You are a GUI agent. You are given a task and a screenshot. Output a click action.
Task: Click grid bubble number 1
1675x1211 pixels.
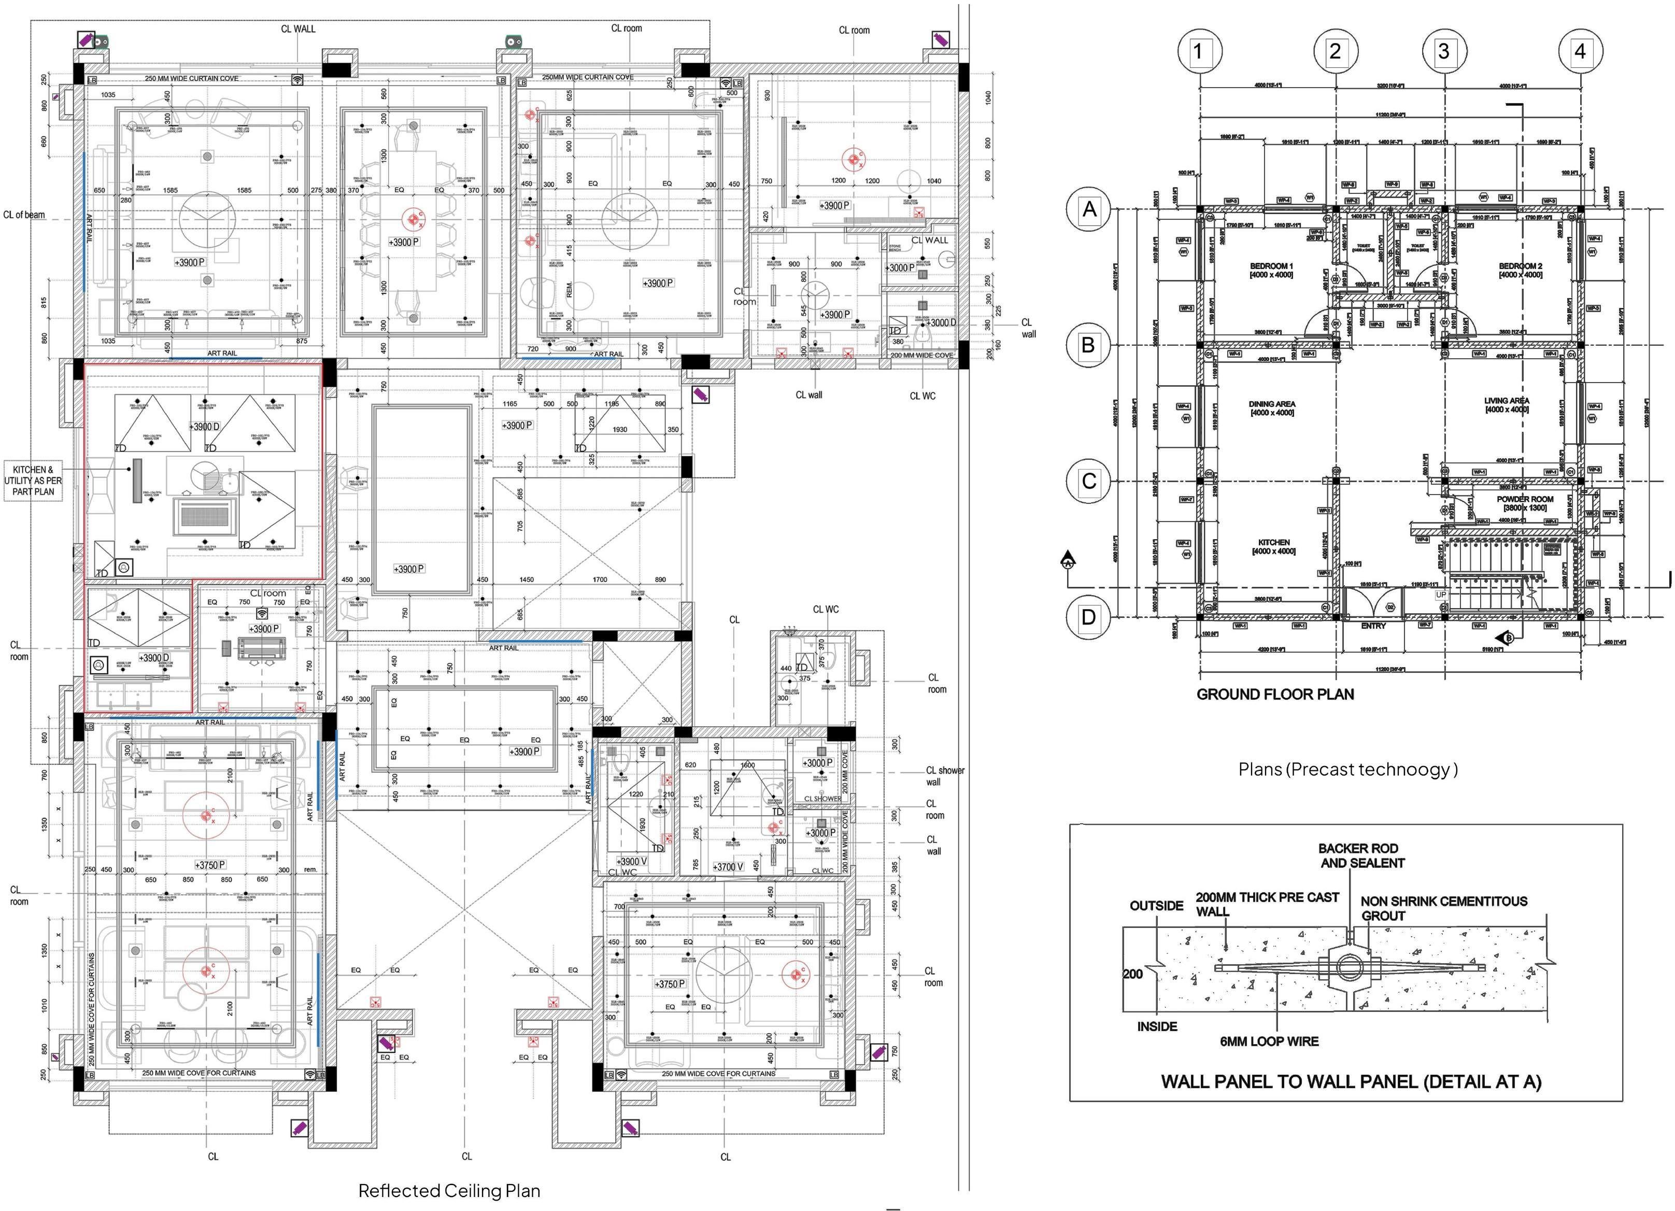click(x=1198, y=52)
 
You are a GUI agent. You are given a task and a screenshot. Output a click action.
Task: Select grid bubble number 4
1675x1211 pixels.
click(x=1580, y=52)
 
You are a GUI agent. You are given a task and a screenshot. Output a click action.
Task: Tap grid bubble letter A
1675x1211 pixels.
click(x=1089, y=210)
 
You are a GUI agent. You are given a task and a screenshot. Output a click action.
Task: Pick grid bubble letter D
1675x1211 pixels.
click(x=1089, y=617)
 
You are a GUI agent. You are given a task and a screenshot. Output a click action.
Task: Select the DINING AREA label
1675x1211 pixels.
click(x=1272, y=409)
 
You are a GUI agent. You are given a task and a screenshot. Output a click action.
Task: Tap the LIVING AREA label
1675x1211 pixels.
click(x=1507, y=405)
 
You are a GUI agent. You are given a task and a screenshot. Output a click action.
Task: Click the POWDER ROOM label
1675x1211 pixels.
click(x=1525, y=503)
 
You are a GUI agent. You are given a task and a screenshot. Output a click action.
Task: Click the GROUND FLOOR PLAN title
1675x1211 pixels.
click(x=1275, y=695)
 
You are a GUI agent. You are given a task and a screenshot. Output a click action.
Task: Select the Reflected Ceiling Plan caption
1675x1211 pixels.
click(x=449, y=1190)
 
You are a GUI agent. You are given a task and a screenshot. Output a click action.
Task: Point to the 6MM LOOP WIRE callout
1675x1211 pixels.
click(x=1269, y=1041)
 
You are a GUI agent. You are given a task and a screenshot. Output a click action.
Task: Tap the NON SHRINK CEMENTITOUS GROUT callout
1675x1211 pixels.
click(x=1443, y=908)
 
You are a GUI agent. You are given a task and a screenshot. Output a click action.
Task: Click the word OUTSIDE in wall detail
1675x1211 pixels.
click(x=1157, y=906)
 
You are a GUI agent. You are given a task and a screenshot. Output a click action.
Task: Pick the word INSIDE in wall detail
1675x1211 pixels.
click(x=1157, y=1026)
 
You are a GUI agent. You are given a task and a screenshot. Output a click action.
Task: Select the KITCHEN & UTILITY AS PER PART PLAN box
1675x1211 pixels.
click(x=33, y=480)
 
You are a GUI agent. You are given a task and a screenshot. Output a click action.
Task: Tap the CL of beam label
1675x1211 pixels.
click(x=24, y=215)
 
